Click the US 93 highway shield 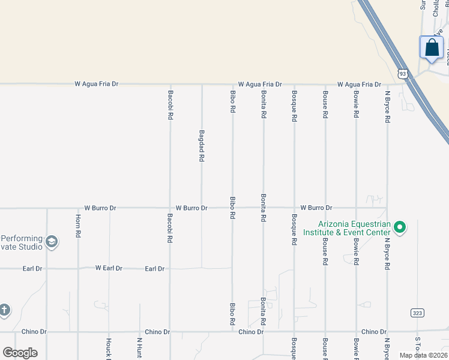[403, 73]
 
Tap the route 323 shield [418, 313]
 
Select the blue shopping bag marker [432, 48]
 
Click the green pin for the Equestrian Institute [400, 227]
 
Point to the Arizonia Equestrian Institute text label [346, 228]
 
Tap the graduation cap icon [52, 242]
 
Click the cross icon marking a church [4, 310]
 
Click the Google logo [20, 353]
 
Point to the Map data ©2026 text [423, 355]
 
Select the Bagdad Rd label [202, 147]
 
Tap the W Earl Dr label [109, 268]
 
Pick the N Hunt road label [139, 348]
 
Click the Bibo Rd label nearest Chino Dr [232, 314]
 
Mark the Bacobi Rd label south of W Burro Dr [170, 228]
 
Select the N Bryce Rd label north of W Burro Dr [388, 107]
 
